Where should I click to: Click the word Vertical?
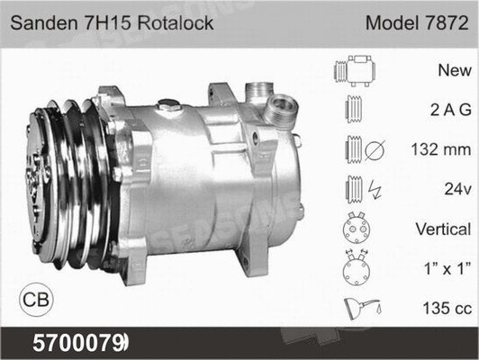(x=440, y=229)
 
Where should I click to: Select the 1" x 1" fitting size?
(x=443, y=267)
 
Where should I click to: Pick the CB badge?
(x=35, y=298)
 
